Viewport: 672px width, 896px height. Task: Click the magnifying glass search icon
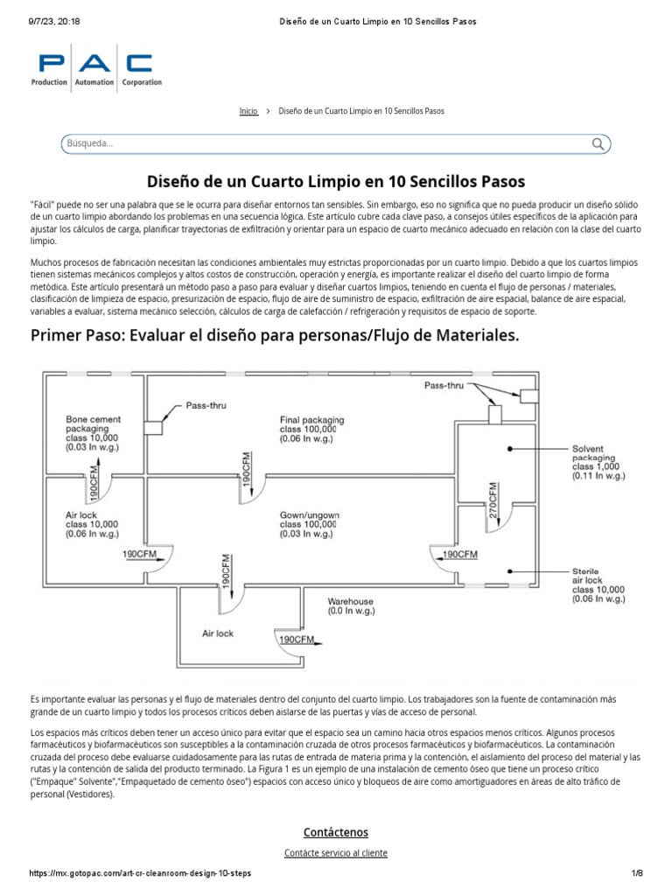pyautogui.click(x=598, y=143)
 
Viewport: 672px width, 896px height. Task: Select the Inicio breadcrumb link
pyautogui.click(x=248, y=112)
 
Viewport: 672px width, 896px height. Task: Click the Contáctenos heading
pyautogui.click(x=336, y=832)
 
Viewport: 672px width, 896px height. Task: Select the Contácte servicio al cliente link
pyautogui.click(x=336, y=852)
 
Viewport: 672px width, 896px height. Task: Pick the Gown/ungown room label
pyautogui.click(x=311, y=522)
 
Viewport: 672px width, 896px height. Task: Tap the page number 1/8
pyautogui.click(x=637, y=874)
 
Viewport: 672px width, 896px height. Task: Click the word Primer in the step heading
pyautogui.click(x=58, y=336)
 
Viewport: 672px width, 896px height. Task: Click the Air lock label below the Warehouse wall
pyautogui.click(x=218, y=633)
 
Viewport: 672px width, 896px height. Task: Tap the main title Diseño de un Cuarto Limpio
pyautogui.click(x=336, y=182)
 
